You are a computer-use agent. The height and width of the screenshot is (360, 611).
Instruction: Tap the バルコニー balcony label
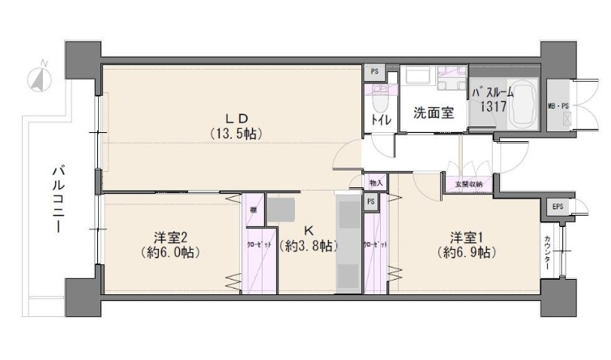click(x=58, y=199)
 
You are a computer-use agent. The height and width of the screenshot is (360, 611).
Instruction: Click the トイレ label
click(x=381, y=121)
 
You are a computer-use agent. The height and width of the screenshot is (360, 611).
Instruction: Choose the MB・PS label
click(x=558, y=105)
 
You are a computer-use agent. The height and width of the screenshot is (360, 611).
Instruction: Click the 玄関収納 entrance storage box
click(x=468, y=184)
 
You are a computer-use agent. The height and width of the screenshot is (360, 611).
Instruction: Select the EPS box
click(x=557, y=208)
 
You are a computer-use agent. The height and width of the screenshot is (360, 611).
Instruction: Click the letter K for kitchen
click(x=308, y=229)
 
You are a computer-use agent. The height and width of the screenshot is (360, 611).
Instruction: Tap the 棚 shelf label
click(x=254, y=210)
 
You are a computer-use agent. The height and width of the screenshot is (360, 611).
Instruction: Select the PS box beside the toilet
click(x=374, y=71)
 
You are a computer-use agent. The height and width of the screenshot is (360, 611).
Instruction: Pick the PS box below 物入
click(x=370, y=201)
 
